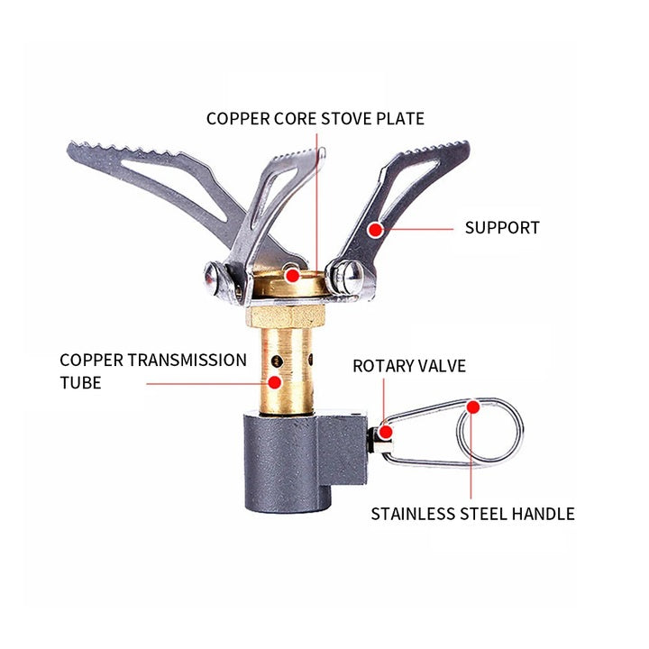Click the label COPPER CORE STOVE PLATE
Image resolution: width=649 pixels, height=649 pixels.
click(315, 118)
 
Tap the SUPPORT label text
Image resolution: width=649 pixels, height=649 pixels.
click(502, 227)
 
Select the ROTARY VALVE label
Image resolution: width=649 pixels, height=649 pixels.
click(408, 366)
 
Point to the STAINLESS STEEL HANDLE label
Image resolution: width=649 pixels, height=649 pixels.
click(472, 514)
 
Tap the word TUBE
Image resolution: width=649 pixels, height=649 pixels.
click(80, 383)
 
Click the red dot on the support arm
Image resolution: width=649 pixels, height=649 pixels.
click(375, 229)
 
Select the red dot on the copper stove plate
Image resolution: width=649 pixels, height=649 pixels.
click(291, 271)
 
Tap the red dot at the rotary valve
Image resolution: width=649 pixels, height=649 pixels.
click(385, 433)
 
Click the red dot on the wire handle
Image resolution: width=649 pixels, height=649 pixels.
click(471, 407)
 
